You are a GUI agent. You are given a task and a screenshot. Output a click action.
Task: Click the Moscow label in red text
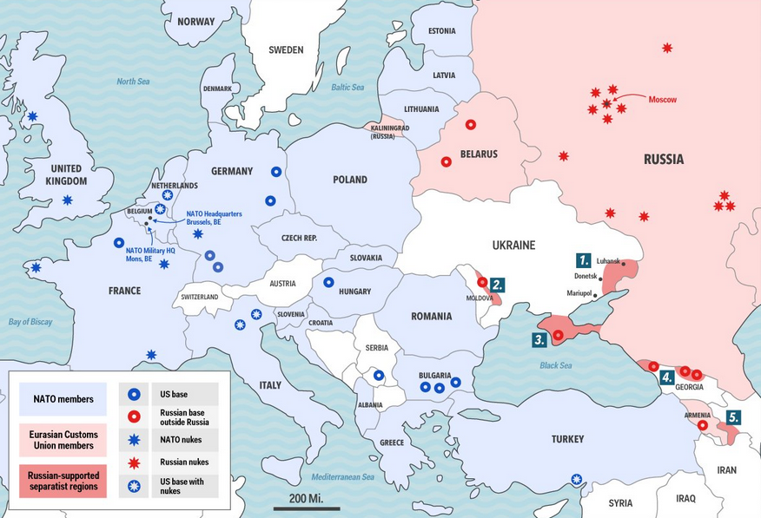662,99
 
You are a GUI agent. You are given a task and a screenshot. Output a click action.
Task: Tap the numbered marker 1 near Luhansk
583,259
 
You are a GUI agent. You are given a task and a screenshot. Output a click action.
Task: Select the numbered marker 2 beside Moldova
497,284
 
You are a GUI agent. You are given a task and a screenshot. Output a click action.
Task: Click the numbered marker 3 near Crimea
539,340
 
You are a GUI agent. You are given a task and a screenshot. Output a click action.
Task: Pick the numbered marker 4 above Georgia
666,377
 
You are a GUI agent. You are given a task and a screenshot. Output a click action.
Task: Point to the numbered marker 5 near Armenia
733,417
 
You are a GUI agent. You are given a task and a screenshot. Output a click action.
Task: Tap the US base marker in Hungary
329,282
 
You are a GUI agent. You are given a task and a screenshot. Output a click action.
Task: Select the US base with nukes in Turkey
577,478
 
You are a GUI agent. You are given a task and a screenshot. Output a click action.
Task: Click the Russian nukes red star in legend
135,462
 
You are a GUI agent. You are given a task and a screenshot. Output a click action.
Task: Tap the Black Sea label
555,365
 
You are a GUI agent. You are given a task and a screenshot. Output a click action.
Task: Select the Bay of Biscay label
30,322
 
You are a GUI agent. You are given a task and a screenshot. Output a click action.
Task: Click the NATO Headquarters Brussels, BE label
214,218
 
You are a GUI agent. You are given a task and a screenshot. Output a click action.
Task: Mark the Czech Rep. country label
299,238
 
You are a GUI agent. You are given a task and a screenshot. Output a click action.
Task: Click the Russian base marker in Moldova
482,282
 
